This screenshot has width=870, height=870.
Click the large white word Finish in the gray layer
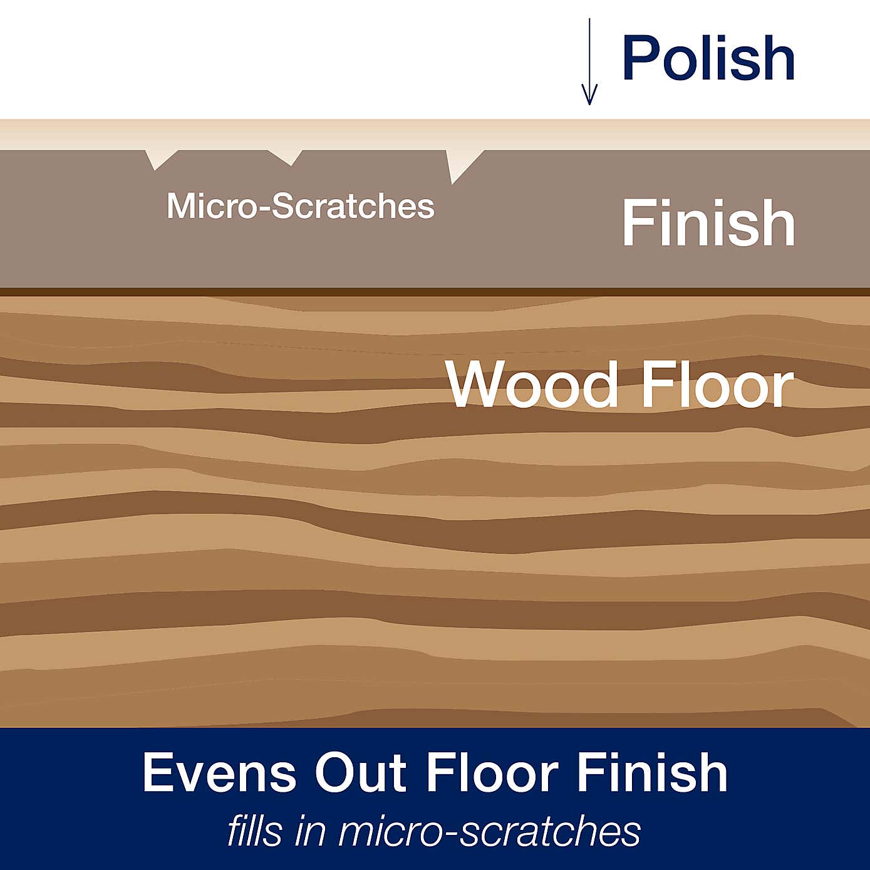tap(708, 223)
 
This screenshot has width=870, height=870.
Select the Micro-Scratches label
tap(300, 206)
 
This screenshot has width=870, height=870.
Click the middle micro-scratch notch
tap(286, 157)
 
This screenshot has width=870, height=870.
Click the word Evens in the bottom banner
tap(219, 772)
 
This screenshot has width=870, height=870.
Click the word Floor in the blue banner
tap(491, 772)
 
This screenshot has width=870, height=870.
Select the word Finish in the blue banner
tap(651, 772)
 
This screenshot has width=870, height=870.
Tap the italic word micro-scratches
tap(489, 831)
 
